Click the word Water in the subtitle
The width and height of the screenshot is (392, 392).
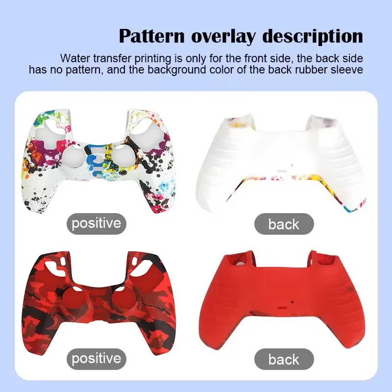point(73,58)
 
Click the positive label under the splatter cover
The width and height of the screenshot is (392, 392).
point(96,223)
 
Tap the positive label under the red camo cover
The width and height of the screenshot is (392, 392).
point(96,358)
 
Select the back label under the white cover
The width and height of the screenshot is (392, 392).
point(284,224)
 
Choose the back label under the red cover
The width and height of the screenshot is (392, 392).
point(284,359)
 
